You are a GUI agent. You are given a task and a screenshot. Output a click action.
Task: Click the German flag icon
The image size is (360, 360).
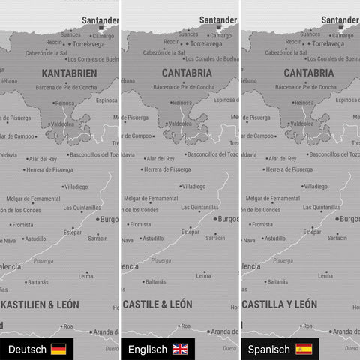pos(58,349)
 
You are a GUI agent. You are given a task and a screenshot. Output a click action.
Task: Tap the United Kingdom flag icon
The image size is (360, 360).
pos(181,349)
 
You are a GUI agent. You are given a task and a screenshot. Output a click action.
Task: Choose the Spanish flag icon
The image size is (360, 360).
pos(304,349)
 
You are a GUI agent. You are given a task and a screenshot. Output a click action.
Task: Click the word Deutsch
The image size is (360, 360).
pos(26,349)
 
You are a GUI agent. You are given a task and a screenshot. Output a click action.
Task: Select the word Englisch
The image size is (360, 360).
pos(148,349)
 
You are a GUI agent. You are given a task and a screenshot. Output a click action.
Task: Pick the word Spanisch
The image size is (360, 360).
pos(269,349)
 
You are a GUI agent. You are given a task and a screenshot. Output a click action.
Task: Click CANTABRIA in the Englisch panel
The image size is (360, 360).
pos(187,73)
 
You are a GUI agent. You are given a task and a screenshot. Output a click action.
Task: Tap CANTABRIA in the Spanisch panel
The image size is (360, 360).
pos(309,73)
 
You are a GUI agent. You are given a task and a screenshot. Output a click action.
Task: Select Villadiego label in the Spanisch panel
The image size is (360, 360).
pos(315,186)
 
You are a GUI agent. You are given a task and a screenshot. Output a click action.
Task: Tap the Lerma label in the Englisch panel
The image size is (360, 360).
pos(203,275)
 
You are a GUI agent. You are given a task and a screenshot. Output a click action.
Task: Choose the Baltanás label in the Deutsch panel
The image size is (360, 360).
pos(37,282)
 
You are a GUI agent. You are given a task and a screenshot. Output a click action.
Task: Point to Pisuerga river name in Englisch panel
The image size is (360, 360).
pos(160,260)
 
